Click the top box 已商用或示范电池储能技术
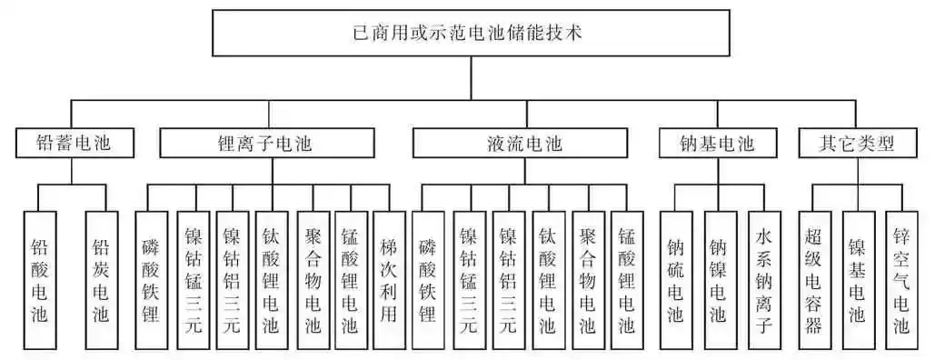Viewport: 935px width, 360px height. pyautogui.click(x=471, y=35)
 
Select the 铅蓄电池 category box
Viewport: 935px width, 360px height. pyautogui.click(x=75, y=144)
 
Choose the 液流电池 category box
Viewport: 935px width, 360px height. pyautogui.click(x=520, y=144)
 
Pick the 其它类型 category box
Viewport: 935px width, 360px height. pyautogui.click(x=856, y=144)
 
